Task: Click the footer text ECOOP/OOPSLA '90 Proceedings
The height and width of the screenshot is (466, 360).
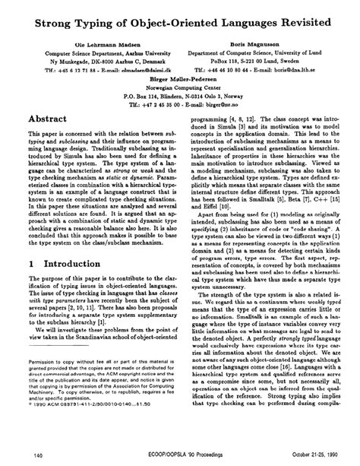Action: (180, 455)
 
